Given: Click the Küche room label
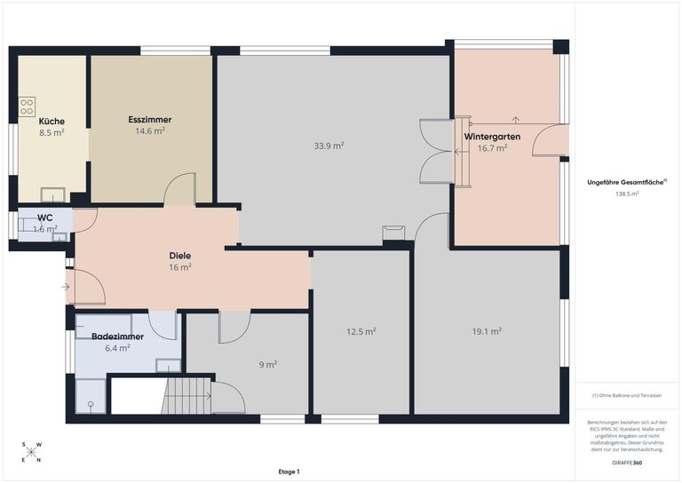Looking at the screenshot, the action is (52, 122).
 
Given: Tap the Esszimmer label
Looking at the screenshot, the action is (150, 120).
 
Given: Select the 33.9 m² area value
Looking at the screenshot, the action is (329, 146).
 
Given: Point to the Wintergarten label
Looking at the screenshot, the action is (492, 137).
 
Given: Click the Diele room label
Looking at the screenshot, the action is (180, 256).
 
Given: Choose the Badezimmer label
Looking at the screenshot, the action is (117, 337).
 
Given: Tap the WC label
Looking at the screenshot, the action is (45, 218).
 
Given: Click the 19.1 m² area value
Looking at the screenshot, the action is (488, 331).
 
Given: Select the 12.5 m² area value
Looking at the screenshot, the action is (361, 332).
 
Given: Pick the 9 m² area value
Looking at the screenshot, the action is (268, 364).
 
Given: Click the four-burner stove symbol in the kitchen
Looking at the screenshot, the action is (27, 107).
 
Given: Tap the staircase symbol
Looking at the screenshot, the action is (186, 396).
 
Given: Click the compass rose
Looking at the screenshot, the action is (31, 452).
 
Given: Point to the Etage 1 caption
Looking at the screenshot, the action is (289, 471).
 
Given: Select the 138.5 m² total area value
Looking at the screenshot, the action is (627, 194).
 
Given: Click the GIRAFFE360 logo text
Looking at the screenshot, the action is (627, 463).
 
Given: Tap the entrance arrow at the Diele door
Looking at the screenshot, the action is (66, 287).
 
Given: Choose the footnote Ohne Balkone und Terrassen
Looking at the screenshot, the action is (627, 396).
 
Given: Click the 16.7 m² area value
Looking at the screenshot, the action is (493, 148).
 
